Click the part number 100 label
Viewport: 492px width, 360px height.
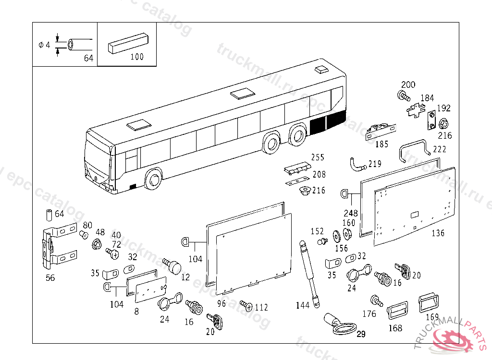[x=137, y=57]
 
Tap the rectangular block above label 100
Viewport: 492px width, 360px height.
[x=127, y=42]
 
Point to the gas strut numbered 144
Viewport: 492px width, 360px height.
[x=309, y=274]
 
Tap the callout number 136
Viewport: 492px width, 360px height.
[x=438, y=233]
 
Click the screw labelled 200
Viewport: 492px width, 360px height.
[x=404, y=96]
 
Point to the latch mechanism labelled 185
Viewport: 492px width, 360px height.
[x=380, y=131]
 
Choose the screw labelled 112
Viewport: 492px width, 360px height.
[x=246, y=305]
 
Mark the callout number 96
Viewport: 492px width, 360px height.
[x=221, y=303]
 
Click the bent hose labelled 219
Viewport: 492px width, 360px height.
[x=358, y=165]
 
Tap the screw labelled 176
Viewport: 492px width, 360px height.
[x=376, y=301]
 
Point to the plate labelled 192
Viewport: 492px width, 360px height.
[x=431, y=120]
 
